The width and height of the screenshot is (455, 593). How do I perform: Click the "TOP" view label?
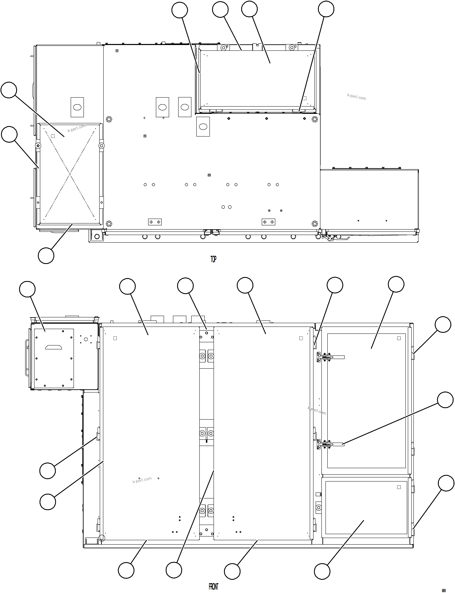(x=213, y=259)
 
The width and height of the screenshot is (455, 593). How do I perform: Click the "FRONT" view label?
(x=213, y=587)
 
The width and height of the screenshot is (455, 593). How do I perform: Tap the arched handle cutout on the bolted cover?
(x=53, y=347)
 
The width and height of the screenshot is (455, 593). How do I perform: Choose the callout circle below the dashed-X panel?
(x=46, y=255)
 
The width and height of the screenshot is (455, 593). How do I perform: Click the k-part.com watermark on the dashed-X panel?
(x=77, y=128)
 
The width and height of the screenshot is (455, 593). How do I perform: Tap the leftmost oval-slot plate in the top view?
(x=77, y=107)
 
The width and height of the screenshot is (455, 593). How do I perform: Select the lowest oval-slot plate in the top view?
(x=203, y=127)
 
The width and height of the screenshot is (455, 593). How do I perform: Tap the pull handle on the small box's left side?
(x=27, y=358)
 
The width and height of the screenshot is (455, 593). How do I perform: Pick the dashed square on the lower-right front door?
(x=399, y=487)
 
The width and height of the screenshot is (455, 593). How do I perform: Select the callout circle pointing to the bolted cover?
(x=27, y=289)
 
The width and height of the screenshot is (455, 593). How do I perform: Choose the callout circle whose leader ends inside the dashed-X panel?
(x=9, y=90)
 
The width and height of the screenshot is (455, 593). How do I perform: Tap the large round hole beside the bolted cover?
(x=86, y=339)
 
